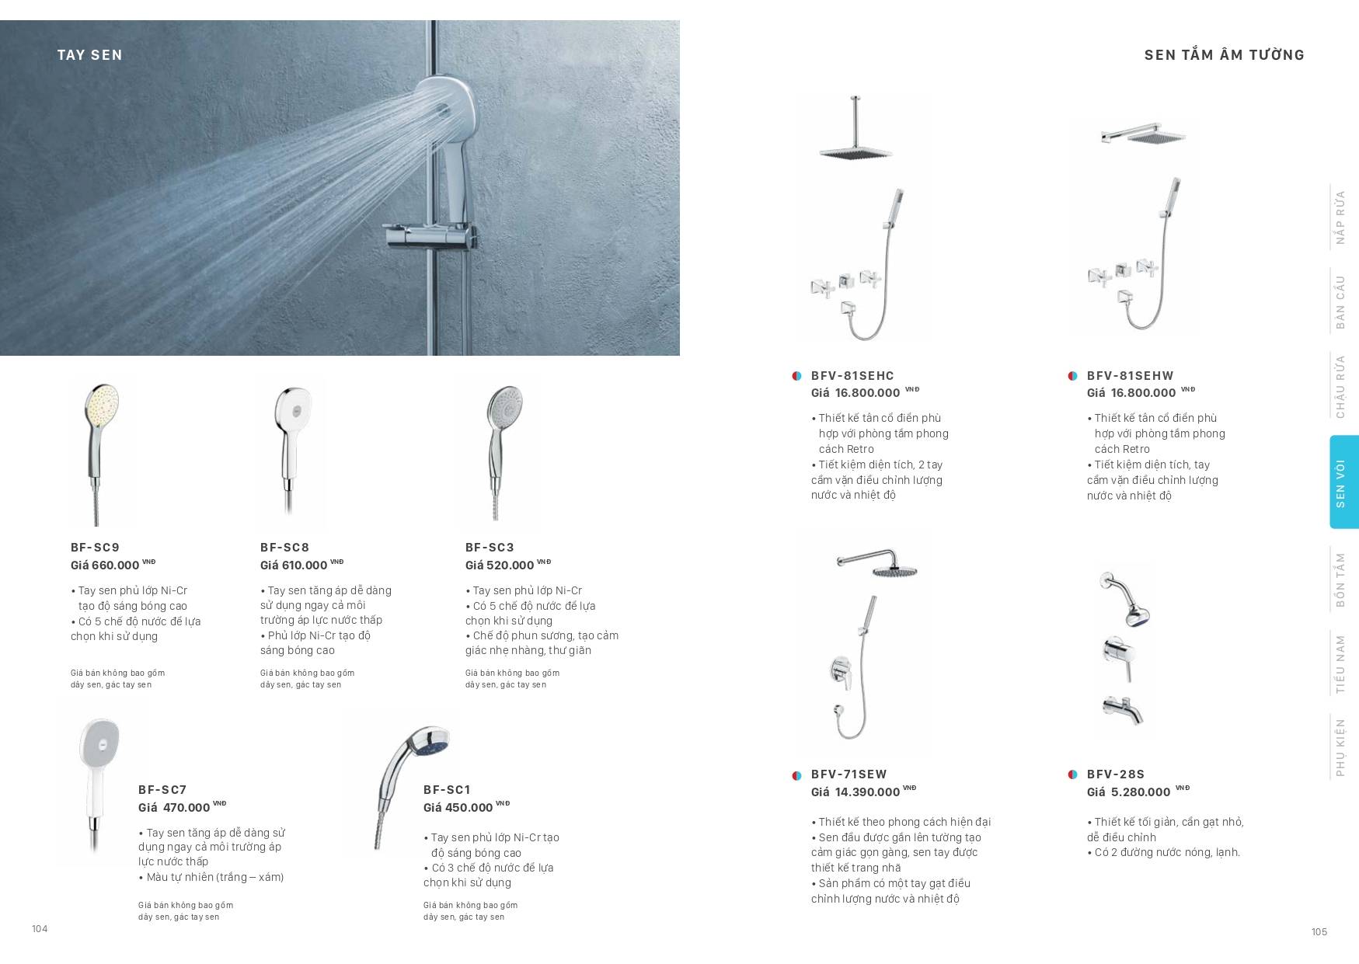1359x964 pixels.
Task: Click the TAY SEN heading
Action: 89,55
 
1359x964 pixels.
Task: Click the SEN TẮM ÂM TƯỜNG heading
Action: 1224,55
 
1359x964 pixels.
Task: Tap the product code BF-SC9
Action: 95,548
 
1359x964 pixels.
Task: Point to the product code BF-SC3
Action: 490,548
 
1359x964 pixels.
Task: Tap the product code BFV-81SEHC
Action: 852,376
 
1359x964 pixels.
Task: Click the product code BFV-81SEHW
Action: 1130,376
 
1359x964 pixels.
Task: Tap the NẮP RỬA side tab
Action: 1340,218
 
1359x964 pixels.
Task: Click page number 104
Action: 40,929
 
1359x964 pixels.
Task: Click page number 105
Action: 1319,932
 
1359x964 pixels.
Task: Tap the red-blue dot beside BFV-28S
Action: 1073,774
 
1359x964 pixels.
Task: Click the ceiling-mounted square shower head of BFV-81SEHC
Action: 855,151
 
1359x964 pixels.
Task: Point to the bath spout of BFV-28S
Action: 1124,709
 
